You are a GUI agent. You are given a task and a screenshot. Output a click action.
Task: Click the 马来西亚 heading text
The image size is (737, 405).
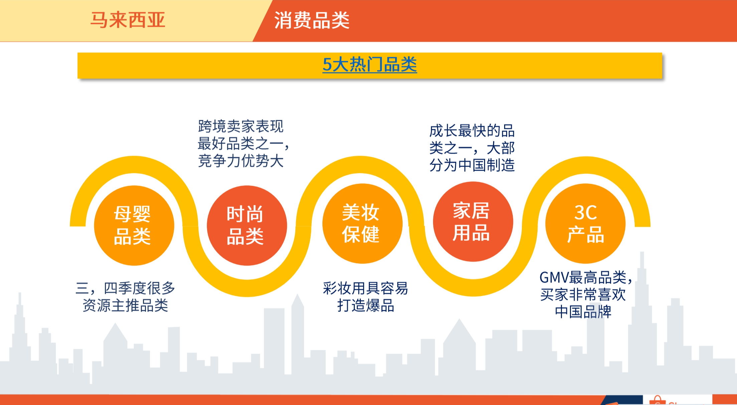coord(128,20)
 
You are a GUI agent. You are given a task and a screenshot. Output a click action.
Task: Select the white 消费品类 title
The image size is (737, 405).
coord(312,20)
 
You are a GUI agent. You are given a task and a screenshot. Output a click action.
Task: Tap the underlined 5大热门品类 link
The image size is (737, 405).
coord(370,64)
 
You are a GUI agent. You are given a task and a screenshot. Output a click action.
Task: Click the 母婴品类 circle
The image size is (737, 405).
coord(134,225)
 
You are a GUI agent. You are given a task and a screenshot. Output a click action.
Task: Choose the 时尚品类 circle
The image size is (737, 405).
coord(247,225)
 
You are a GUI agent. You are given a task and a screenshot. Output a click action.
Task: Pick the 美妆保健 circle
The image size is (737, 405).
coord(362,223)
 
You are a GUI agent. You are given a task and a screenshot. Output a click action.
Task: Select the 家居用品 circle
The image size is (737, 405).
coord(473,221)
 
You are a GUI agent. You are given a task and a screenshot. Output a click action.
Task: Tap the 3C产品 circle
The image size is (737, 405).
coord(585,223)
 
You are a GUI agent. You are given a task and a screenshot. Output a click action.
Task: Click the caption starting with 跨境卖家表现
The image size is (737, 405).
coord(242,144)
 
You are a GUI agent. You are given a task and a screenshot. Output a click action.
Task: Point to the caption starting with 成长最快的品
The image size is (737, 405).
coord(472,148)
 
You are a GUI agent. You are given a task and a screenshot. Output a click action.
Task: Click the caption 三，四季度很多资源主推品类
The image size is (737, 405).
coord(125,296)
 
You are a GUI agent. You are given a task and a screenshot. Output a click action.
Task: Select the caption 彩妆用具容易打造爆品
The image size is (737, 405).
coord(365,296)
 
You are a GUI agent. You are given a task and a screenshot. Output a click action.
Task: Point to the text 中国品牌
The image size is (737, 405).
coord(583,312)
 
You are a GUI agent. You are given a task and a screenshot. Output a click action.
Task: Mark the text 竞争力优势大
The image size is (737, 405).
coord(241,161)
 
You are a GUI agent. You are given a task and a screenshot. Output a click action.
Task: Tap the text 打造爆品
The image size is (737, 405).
coord(365,305)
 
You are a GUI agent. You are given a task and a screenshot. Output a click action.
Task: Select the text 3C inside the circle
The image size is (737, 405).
coord(585,212)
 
